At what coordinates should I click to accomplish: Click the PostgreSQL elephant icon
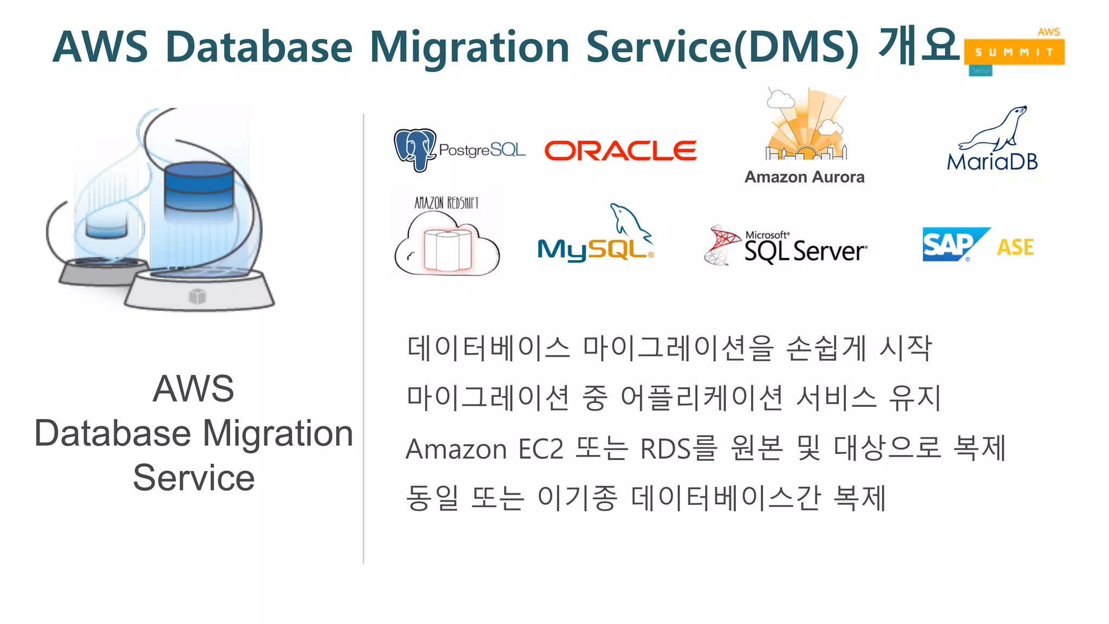[414, 149]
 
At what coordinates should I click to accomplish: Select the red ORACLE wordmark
[621, 151]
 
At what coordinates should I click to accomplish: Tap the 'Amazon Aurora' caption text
[804, 177]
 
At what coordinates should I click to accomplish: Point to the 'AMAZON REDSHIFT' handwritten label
[447, 203]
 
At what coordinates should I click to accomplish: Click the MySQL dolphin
[630, 222]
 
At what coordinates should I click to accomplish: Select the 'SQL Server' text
[805, 251]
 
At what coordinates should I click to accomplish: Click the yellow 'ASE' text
[1015, 248]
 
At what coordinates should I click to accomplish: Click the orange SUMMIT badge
[1014, 52]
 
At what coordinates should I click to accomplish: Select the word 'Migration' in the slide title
[469, 47]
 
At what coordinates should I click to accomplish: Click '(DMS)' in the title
[796, 47]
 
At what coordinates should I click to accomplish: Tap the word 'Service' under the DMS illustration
[194, 478]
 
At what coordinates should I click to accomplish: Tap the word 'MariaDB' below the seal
[992, 161]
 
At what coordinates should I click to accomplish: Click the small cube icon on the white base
[197, 296]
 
